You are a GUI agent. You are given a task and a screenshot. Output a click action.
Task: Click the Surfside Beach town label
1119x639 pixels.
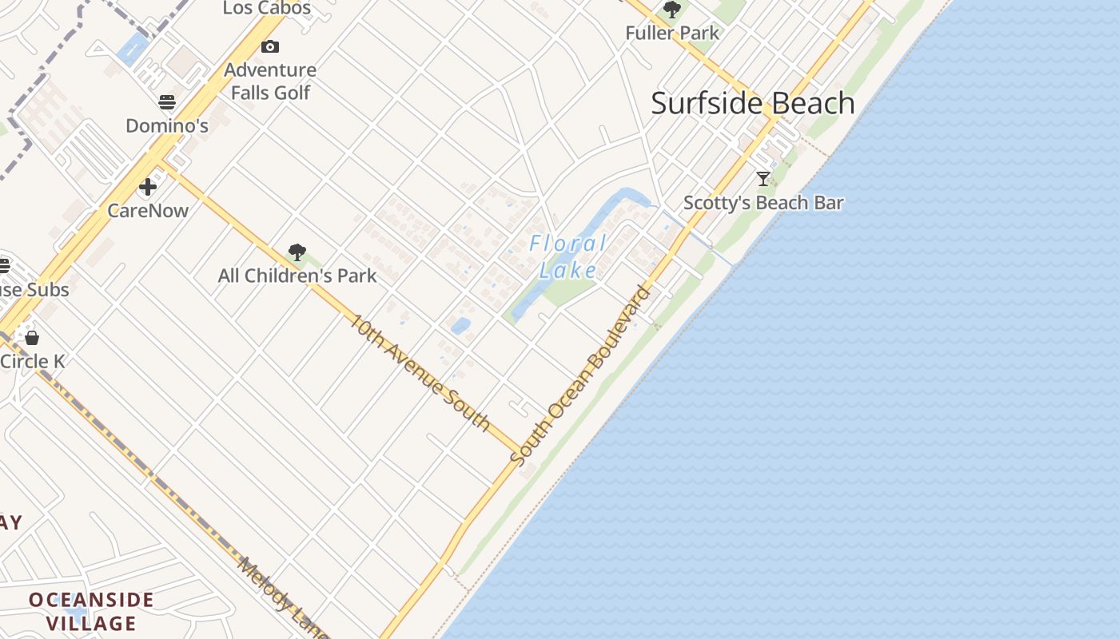coord(753,103)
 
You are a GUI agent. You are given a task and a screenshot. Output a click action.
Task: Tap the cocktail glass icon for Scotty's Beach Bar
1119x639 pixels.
coord(763,179)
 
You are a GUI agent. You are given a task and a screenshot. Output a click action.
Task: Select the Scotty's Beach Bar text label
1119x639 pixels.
coord(763,203)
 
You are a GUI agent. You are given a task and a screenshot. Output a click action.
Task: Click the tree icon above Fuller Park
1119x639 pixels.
coord(672,10)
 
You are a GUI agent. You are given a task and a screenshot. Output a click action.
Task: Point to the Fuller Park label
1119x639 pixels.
coord(672,34)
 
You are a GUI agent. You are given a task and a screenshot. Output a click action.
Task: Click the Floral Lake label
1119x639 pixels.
coord(568,256)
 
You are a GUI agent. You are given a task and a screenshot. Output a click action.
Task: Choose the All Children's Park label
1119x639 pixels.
coord(297,276)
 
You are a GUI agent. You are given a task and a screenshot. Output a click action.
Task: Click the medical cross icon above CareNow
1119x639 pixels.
coord(148,188)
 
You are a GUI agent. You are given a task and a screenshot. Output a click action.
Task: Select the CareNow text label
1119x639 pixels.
coord(148,211)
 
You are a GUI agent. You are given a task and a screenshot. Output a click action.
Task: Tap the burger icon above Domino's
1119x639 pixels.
coord(167,102)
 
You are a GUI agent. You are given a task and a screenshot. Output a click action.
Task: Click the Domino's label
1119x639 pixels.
coord(167,125)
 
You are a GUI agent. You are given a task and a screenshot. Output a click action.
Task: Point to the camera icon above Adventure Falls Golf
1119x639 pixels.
coord(270,47)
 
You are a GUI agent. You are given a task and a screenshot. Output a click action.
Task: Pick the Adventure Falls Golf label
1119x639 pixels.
coord(270,81)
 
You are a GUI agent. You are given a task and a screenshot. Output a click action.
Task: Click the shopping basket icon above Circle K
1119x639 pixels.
coord(32,338)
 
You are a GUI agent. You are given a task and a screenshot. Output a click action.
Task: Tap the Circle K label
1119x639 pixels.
coord(32,361)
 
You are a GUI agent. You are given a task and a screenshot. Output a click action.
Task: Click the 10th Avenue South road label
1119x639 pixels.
coord(420,372)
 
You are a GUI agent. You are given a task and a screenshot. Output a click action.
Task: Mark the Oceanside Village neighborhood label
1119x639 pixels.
coord(91,611)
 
